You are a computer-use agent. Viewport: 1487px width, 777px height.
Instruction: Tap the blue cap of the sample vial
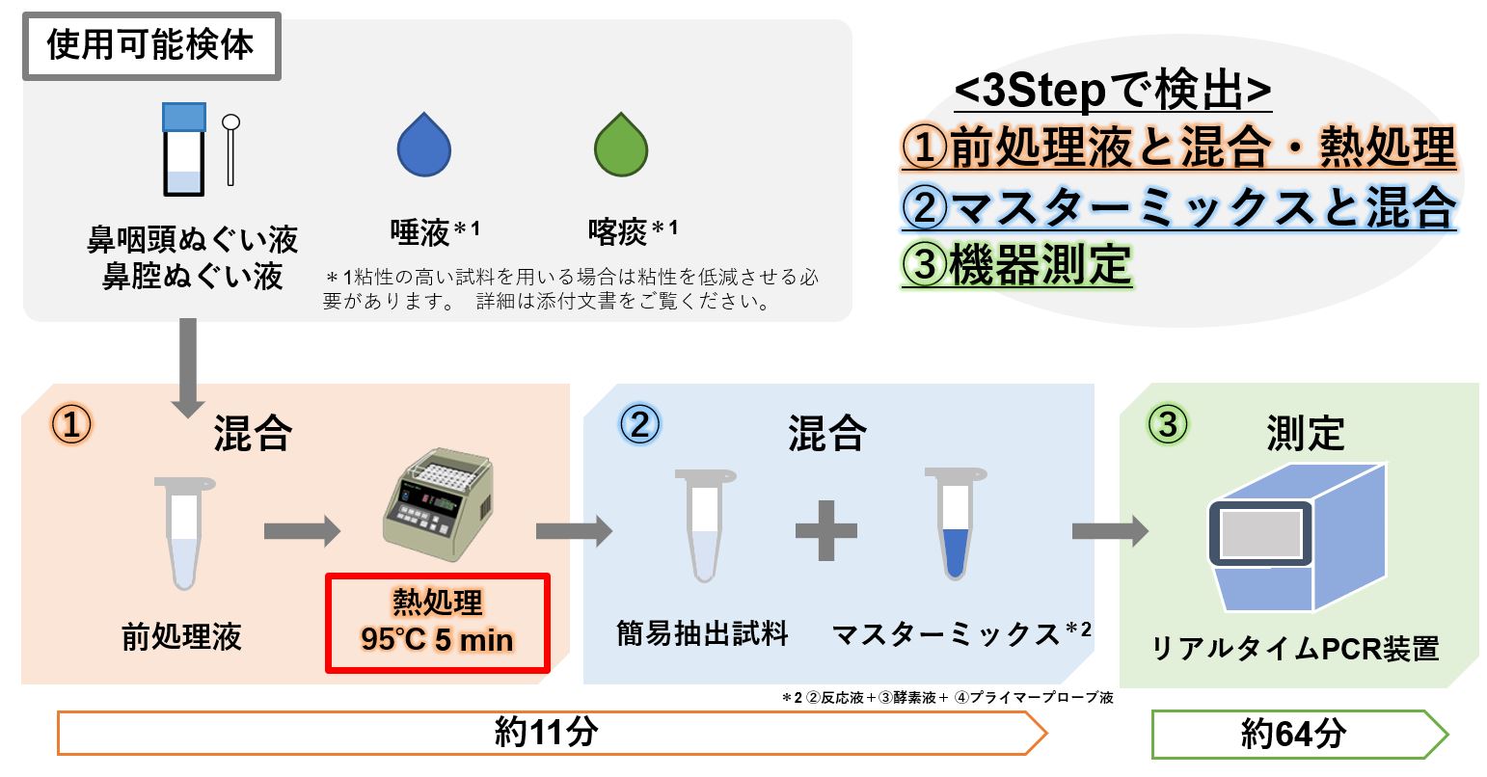click(x=184, y=117)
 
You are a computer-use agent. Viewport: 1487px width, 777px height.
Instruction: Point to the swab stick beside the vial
click(x=230, y=149)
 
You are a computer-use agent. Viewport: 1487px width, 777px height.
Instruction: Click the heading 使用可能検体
click(x=150, y=45)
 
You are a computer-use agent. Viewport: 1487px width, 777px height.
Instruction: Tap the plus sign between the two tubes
click(x=826, y=529)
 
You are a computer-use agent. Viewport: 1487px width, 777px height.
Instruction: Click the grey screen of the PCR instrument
click(x=1260, y=533)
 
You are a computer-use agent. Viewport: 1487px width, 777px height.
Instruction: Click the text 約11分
click(x=546, y=733)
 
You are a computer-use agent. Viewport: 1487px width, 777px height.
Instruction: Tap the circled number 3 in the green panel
click(x=1167, y=425)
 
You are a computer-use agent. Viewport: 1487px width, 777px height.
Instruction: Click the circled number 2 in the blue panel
click(x=639, y=425)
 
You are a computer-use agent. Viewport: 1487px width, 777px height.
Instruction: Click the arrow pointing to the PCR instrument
click(x=1110, y=529)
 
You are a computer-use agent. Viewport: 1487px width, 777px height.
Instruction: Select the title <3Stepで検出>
click(x=1113, y=93)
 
